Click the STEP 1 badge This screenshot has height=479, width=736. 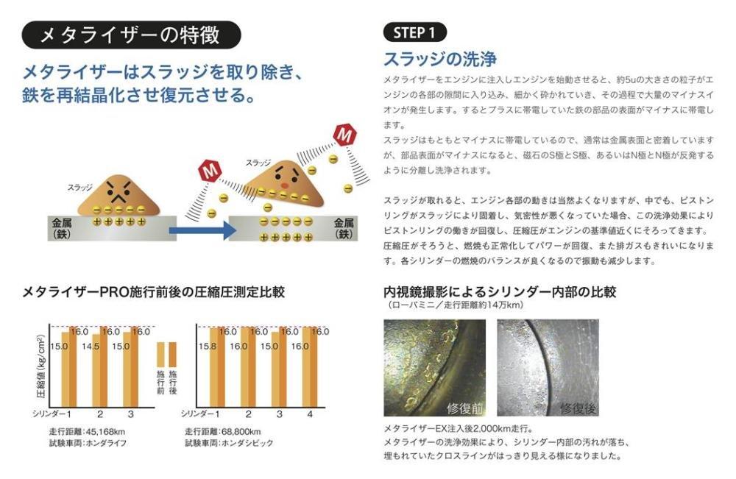click(x=415, y=32)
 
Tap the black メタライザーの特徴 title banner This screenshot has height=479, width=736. click(x=131, y=35)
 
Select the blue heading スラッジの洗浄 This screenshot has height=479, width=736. click(x=440, y=59)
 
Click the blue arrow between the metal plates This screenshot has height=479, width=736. click(x=202, y=230)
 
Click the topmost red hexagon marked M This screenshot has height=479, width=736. click(x=344, y=135)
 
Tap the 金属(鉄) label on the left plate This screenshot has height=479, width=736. click(x=62, y=228)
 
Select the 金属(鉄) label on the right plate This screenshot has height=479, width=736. click(x=344, y=228)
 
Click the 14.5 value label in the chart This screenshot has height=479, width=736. click(x=90, y=347)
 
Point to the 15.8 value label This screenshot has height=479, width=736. click(x=207, y=347)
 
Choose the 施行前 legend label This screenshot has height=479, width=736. click(x=160, y=383)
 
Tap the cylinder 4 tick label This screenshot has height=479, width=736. click(x=310, y=414)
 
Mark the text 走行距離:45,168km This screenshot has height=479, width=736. click(x=87, y=432)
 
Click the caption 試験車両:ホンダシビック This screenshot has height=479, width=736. click(x=229, y=443)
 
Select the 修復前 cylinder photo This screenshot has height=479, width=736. click(x=435, y=368)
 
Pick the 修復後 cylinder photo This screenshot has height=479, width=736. click(x=548, y=368)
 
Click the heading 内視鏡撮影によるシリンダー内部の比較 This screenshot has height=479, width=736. click(x=500, y=292)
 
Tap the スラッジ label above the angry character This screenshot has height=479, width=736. click(x=79, y=188)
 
